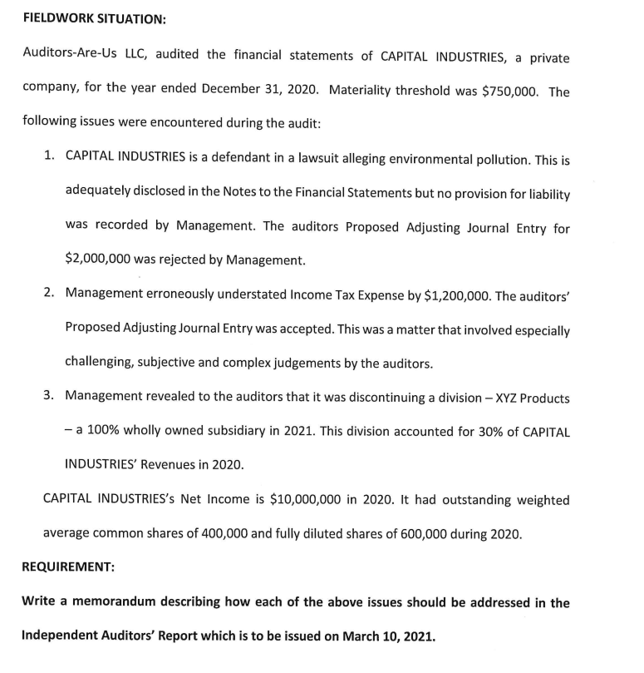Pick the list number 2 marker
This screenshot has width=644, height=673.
[50, 294]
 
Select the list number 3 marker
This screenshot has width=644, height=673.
[50, 398]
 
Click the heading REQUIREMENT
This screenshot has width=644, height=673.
[68, 567]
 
